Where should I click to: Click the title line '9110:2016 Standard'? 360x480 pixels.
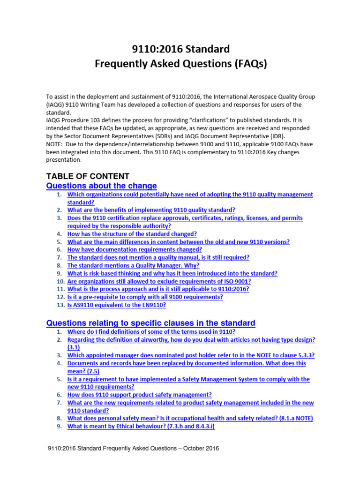tap(180, 49)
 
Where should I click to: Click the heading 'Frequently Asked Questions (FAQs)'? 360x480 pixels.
tap(180, 64)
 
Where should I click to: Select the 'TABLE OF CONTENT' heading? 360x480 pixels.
tap(87, 176)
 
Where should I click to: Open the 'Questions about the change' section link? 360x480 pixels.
tap(101, 186)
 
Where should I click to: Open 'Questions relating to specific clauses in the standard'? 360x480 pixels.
tap(150, 323)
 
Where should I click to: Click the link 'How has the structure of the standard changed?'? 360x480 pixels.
tap(132, 233)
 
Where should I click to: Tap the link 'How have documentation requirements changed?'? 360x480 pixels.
tap(135, 249)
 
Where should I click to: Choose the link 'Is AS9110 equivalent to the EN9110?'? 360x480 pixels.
tap(116, 305)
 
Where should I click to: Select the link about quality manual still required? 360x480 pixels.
tap(158, 257)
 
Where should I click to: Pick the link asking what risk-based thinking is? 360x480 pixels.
tap(172, 273)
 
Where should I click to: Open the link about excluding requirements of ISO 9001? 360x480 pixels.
tap(159, 281)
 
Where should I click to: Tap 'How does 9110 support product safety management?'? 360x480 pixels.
tap(139, 395)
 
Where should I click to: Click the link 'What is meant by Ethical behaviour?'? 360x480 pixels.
tap(141, 426)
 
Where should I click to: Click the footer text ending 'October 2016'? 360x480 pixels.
tap(134, 448)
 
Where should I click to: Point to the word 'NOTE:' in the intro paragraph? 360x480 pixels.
tap(55, 144)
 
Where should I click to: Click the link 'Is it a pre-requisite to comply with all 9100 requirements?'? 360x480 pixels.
tap(145, 297)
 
